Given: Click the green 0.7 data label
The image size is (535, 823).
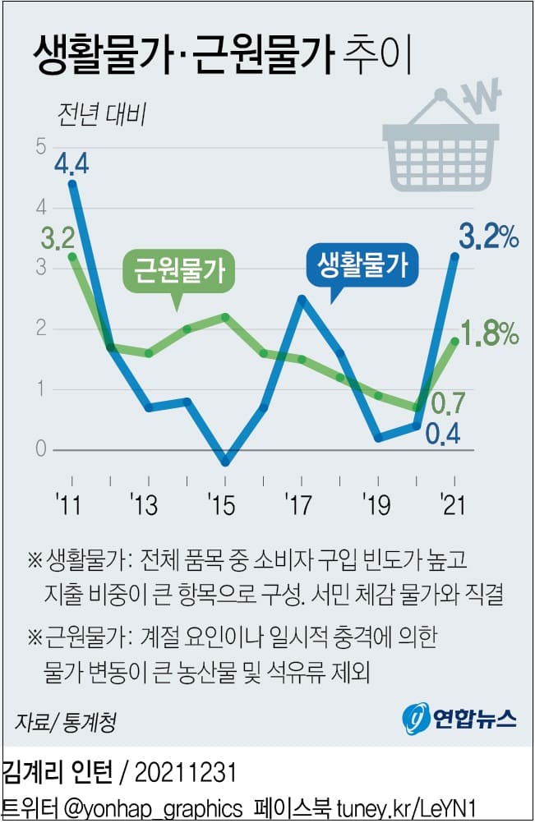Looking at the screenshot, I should point(448,403).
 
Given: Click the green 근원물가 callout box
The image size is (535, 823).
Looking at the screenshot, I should point(178,269).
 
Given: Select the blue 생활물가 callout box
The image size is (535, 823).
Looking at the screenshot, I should point(362,264).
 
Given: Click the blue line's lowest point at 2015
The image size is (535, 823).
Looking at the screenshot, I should point(225,462).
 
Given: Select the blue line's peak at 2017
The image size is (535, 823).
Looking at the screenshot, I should point(302,299).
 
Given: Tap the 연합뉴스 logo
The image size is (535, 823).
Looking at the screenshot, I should point(460,720).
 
